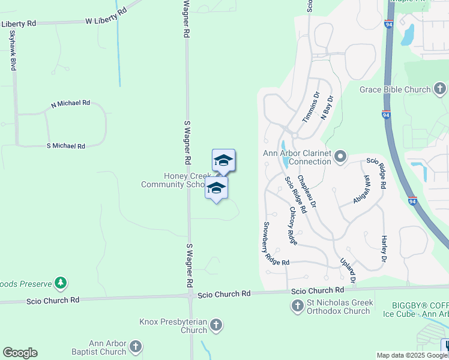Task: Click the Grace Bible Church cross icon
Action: coord(440,90)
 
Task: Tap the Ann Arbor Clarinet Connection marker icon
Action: coord(340,157)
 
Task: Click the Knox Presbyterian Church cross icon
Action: coord(215,326)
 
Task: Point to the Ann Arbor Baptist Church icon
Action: coord(136,347)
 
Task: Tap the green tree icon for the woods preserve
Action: coord(60,282)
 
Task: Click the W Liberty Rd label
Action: coord(106,16)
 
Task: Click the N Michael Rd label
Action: coord(70,104)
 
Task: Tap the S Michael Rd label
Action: coord(66,146)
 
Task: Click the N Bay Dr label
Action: coord(327,108)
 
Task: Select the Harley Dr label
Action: coord(384,248)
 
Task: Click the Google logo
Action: coord(20,353)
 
